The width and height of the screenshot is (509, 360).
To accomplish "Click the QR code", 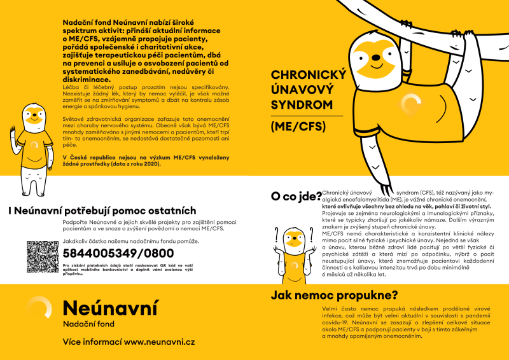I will (42, 257).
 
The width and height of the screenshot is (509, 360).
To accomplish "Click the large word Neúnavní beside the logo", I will (109, 308).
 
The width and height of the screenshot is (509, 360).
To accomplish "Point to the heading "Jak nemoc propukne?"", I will (334, 295).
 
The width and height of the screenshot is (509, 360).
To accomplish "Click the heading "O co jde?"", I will (296, 197).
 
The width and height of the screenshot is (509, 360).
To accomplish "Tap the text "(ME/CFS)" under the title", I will (298, 126).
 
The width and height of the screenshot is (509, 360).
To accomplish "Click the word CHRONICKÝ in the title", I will (308, 75).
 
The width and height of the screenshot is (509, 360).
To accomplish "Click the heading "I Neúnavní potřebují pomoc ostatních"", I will (102, 211).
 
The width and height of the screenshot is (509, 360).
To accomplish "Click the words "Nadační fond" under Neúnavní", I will (89, 324).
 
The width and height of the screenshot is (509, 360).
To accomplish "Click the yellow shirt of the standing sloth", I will (33, 144).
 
